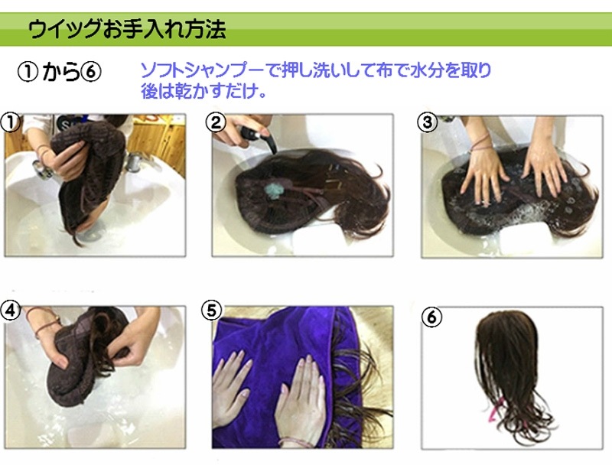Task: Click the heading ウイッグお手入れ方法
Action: click(127, 29)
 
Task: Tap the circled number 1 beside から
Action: click(28, 72)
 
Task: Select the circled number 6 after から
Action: click(91, 72)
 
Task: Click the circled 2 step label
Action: click(216, 122)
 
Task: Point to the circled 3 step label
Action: click(428, 122)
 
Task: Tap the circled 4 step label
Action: click(11, 311)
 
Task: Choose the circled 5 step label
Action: click(211, 311)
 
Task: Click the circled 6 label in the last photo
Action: click(431, 317)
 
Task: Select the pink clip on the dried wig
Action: click(494, 412)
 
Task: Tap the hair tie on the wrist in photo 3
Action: click(481, 142)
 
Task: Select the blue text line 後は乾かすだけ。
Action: click(203, 91)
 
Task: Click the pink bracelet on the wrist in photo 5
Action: click(294, 442)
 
